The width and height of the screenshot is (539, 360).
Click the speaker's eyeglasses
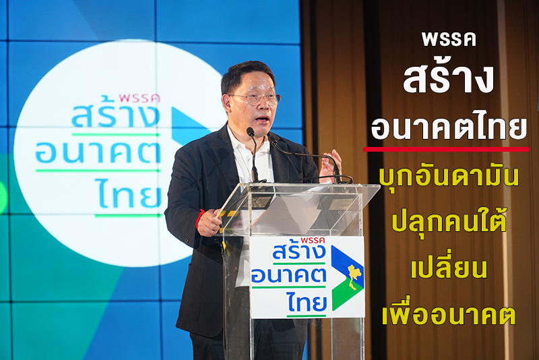point(255,99)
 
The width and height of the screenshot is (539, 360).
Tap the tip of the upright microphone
point(250,131)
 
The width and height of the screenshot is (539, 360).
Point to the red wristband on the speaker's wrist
point(199,218)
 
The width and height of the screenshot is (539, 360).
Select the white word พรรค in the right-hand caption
point(449,40)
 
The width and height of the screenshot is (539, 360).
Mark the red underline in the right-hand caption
point(446,149)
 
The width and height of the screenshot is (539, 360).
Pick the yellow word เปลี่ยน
point(449,265)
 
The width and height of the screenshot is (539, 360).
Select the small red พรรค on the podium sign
point(313,241)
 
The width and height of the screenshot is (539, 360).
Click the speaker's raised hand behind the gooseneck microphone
point(330,166)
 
